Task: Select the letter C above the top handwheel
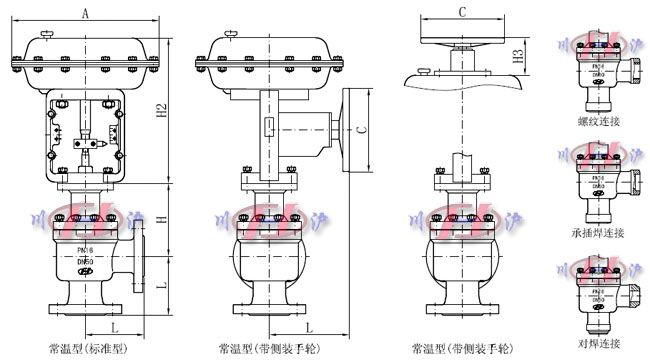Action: [462, 12]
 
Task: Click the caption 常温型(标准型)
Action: [88, 349]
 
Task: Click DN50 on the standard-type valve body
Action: [85, 262]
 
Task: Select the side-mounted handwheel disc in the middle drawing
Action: [346, 128]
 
